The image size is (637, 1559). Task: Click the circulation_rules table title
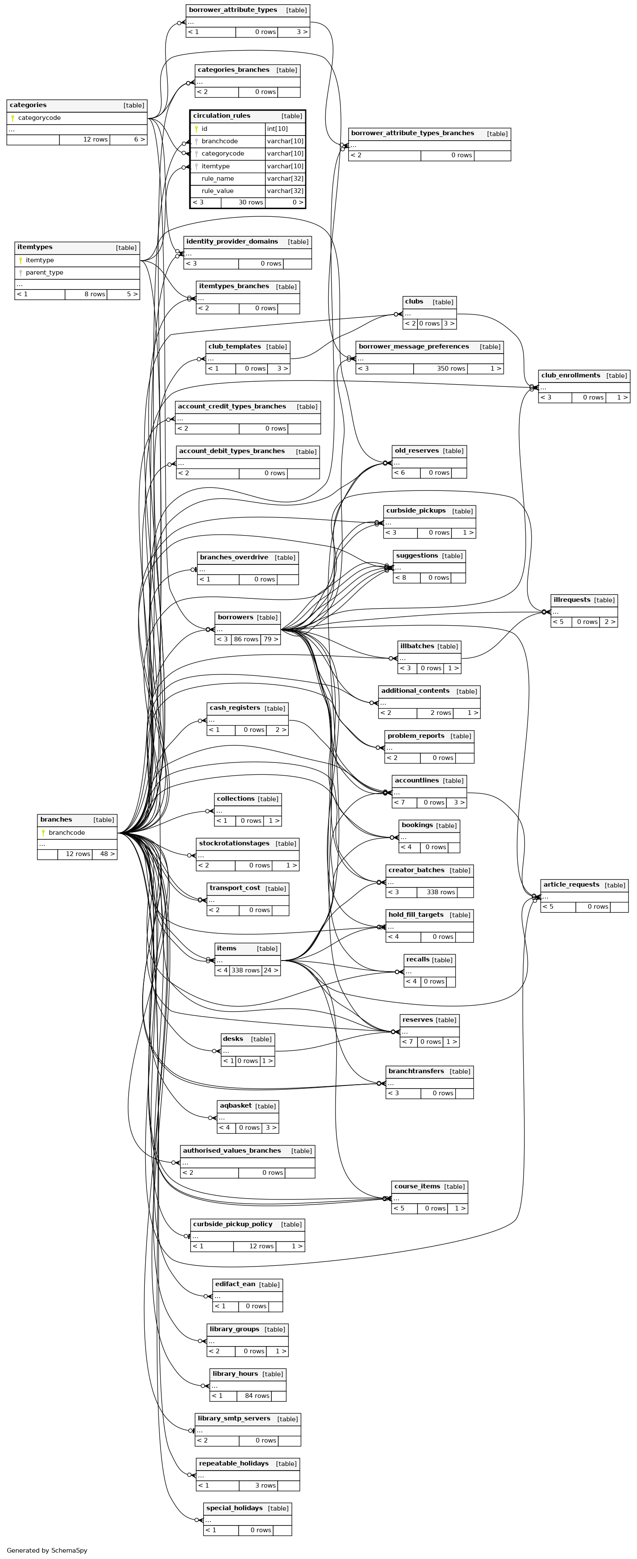(221, 116)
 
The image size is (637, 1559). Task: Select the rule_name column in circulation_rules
(218, 179)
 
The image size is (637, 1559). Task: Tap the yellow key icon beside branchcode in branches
(43, 833)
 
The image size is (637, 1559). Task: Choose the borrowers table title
(235, 617)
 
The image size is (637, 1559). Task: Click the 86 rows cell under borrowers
(245, 639)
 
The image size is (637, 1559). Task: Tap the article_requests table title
(571, 885)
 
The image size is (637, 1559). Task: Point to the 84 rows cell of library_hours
(257, 1396)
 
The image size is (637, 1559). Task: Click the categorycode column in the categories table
(39, 118)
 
